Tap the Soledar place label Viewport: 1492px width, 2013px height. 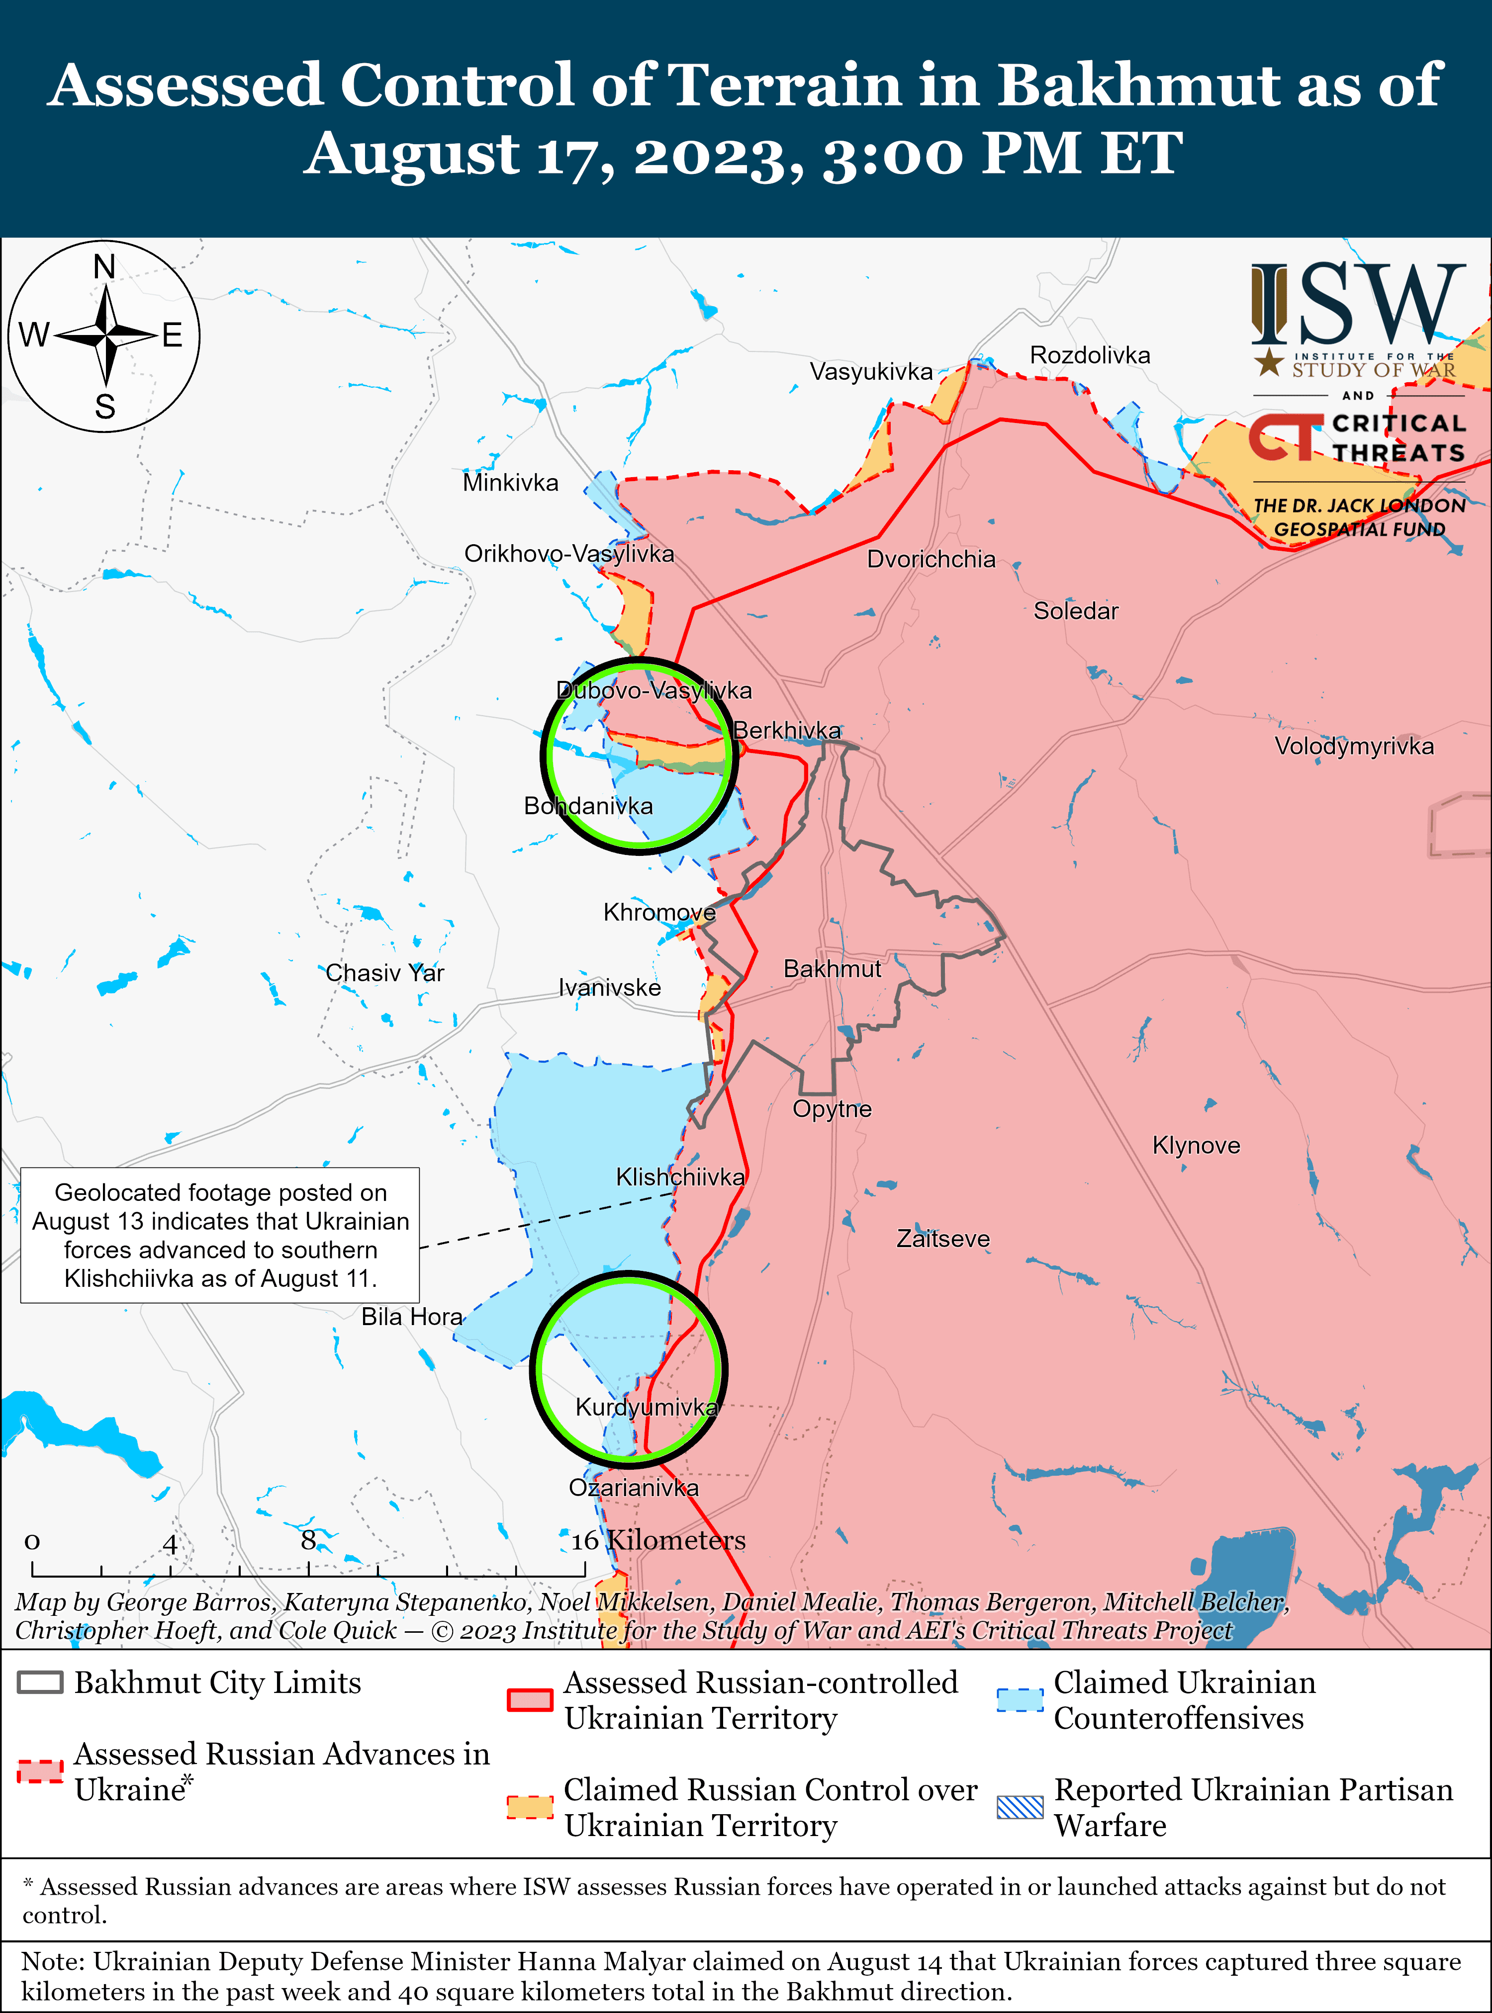click(1076, 611)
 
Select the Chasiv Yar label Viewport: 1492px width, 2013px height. click(385, 973)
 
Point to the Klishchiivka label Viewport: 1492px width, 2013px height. click(680, 1177)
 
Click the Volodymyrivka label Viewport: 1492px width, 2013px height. click(1354, 747)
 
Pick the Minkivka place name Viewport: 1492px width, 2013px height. click(510, 483)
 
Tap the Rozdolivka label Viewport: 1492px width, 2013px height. click(1090, 356)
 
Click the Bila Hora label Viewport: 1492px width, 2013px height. click(412, 1317)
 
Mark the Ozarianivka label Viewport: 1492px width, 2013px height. click(633, 1488)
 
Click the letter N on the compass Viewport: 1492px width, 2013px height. click(105, 267)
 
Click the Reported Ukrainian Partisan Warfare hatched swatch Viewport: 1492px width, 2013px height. click(1020, 1807)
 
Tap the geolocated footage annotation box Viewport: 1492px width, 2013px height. click(220, 1235)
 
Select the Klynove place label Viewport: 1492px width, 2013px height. click(1196, 1146)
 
